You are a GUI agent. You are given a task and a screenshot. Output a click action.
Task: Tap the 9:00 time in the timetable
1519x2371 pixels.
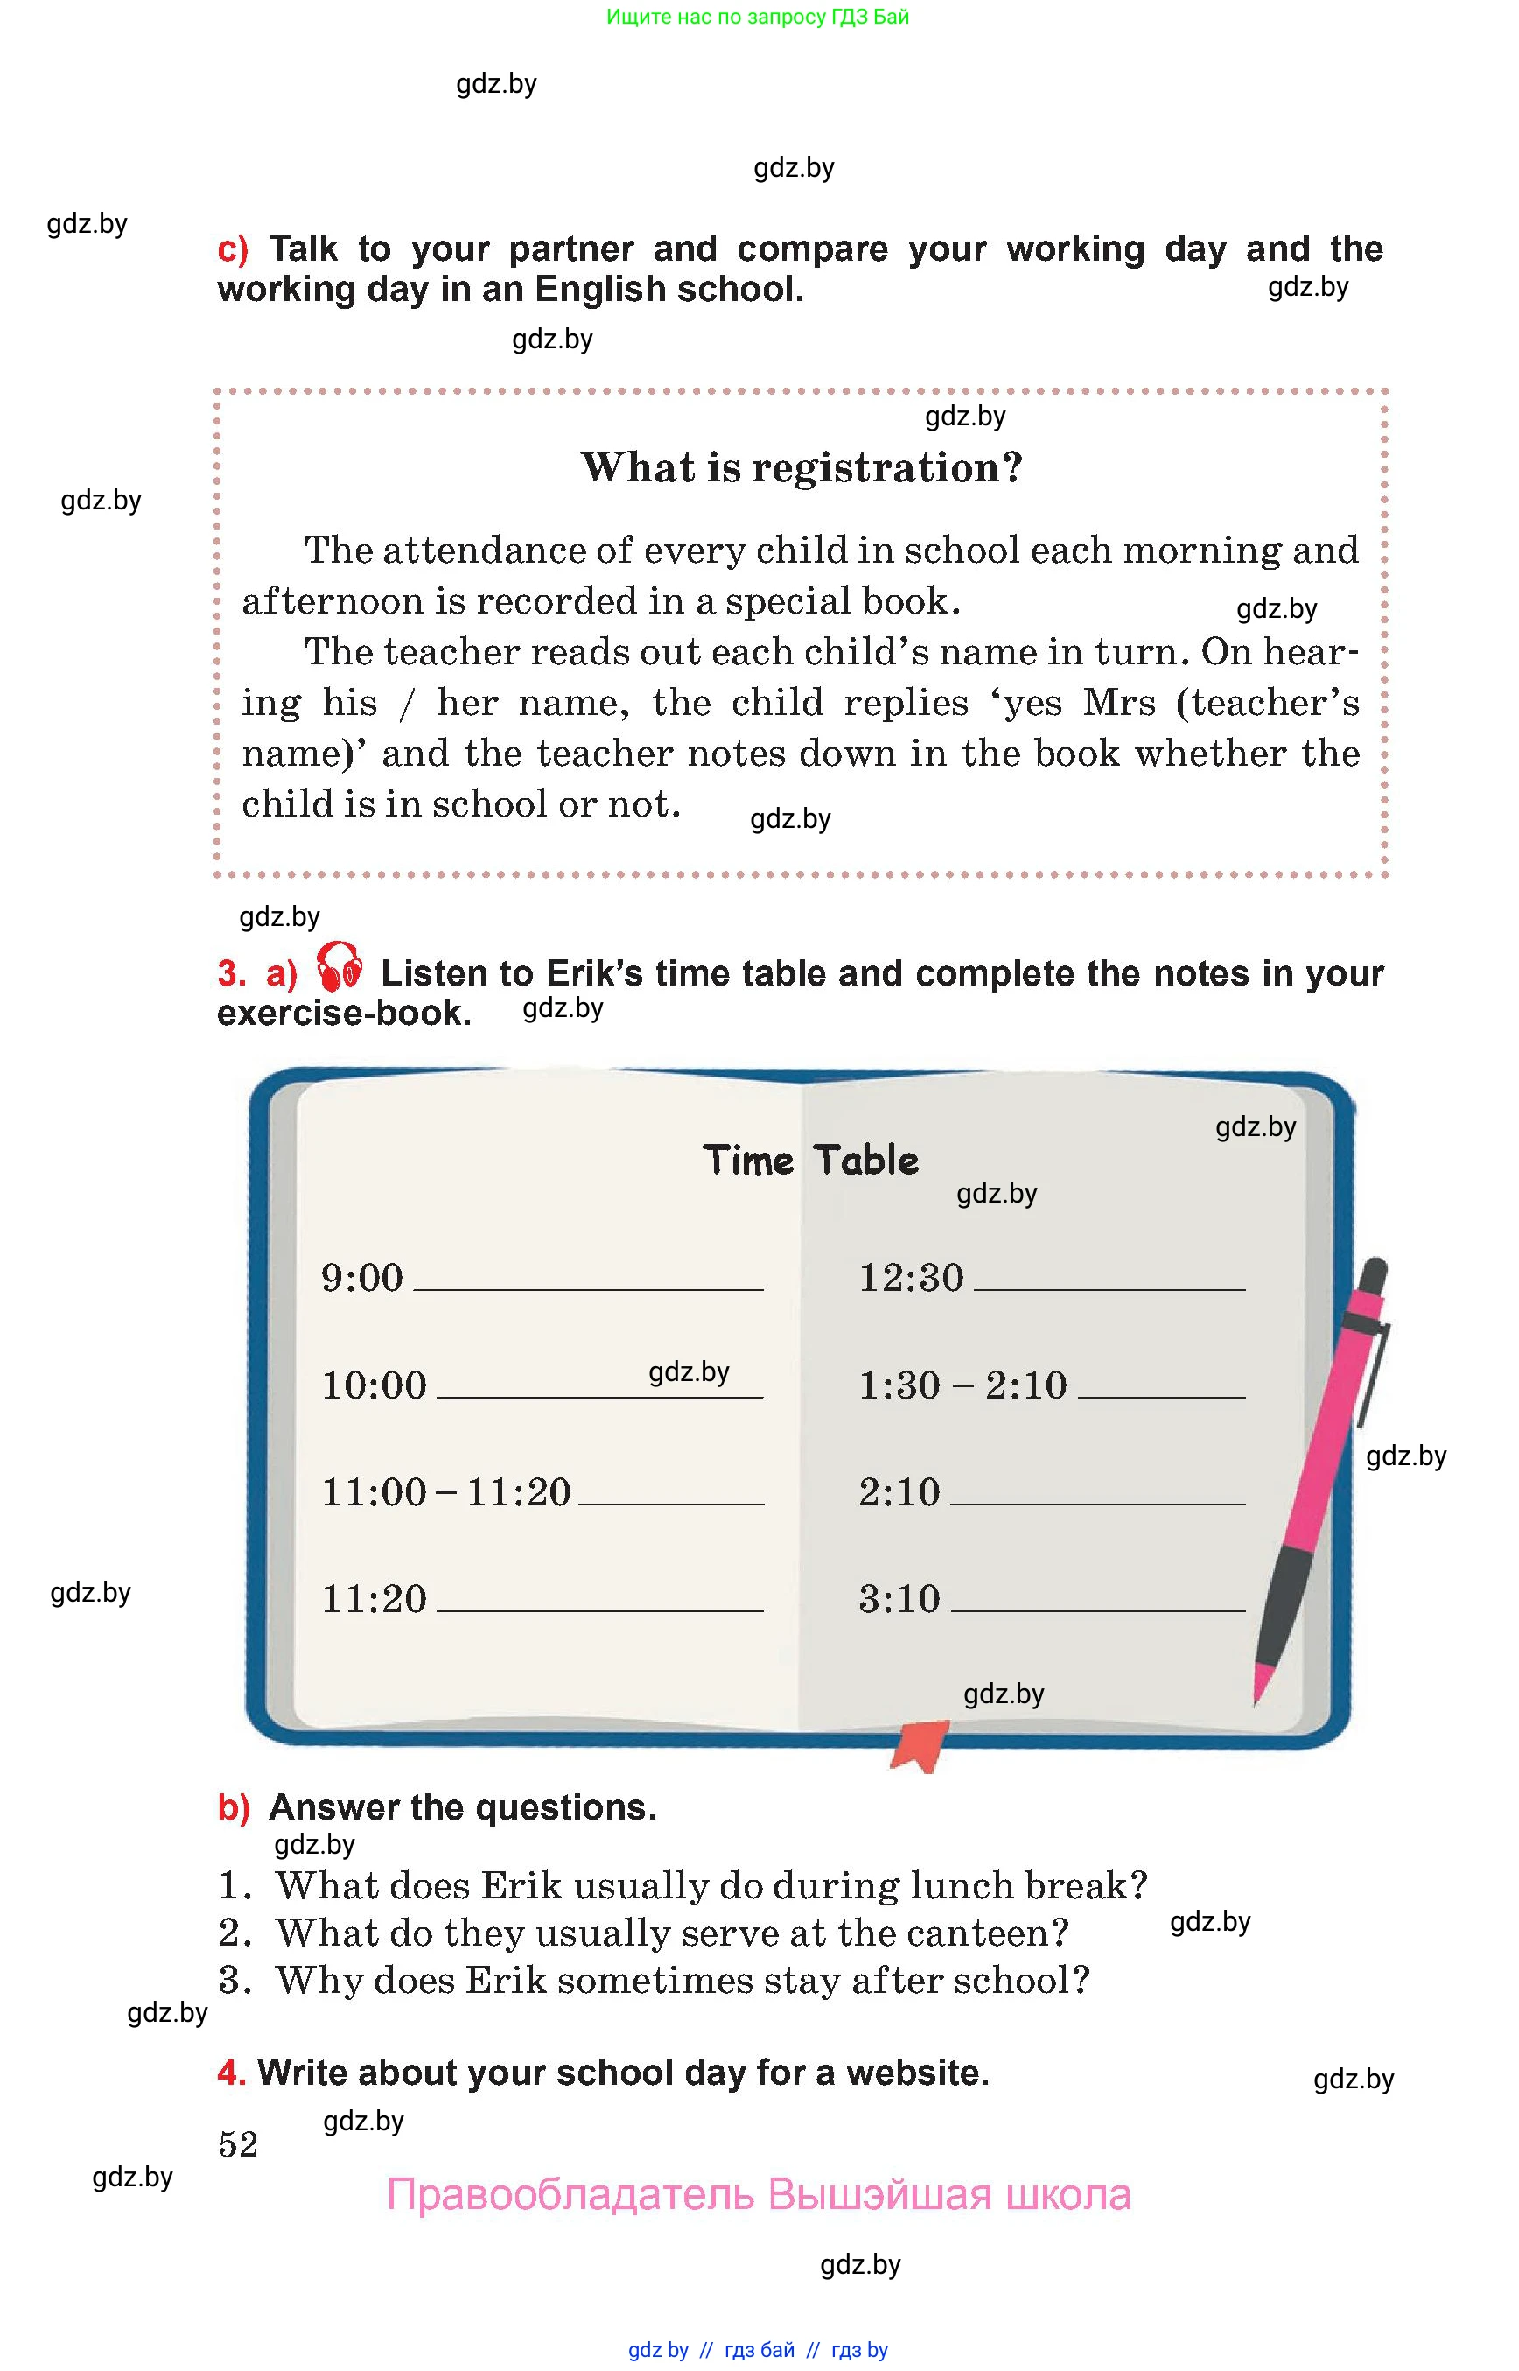(362, 1278)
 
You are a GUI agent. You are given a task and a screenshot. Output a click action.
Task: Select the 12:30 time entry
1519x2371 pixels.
(910, 1278)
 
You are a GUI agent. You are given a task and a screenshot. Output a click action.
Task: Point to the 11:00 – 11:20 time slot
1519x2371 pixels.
(446, 1492)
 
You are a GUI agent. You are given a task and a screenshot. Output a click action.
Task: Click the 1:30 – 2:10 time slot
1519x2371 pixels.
(962, 1385)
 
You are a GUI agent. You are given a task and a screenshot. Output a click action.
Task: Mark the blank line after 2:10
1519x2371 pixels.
(1097, 1503)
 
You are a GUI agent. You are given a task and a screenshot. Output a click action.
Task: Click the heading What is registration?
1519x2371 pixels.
(801, 467)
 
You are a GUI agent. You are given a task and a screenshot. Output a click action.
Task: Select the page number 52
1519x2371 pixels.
(238, 2143)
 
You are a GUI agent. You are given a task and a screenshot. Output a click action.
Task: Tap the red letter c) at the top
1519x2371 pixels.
(233, 249)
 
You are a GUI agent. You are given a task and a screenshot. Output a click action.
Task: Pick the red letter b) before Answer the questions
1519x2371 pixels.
(234, 1807)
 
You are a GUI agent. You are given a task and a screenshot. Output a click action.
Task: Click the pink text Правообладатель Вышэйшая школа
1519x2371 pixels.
(758, 2194)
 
